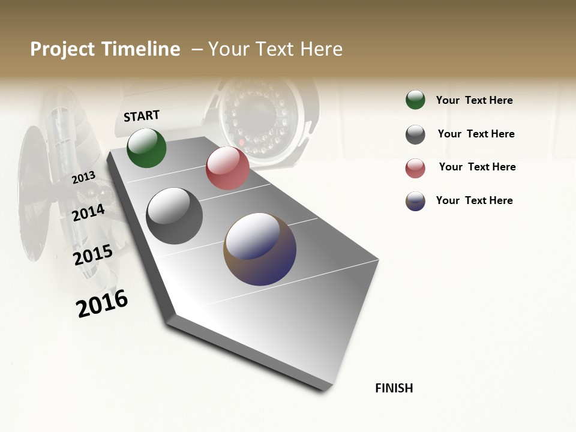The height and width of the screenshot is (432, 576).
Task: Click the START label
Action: click(142, 116)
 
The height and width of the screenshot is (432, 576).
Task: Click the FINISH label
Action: click(394, 388)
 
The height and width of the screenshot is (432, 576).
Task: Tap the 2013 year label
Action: click(83, 178)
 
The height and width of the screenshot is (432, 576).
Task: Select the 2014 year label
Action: click(88, 212)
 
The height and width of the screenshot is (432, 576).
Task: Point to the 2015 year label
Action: click(93, 255)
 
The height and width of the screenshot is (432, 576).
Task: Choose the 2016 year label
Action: click(102, 304)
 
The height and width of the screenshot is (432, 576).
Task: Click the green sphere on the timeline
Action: click(146, 148)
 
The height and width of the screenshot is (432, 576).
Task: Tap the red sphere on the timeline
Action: click(227, 168)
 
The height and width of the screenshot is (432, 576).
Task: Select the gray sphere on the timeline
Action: click(174, 216)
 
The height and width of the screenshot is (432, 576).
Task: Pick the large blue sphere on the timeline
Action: click(260, 249)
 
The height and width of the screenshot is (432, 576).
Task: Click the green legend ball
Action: click(415, 100)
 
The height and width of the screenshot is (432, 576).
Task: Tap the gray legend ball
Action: click(415, 134)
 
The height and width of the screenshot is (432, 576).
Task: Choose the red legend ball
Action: click(415, 168)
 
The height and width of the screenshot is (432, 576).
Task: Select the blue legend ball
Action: click(415, 201)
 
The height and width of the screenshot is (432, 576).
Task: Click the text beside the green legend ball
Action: click(474, 100)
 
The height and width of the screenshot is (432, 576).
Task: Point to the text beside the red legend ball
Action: click(477, 167)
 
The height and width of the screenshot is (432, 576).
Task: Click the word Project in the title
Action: click(63, 49)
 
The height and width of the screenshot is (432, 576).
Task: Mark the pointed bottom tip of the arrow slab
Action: click(325, 389)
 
